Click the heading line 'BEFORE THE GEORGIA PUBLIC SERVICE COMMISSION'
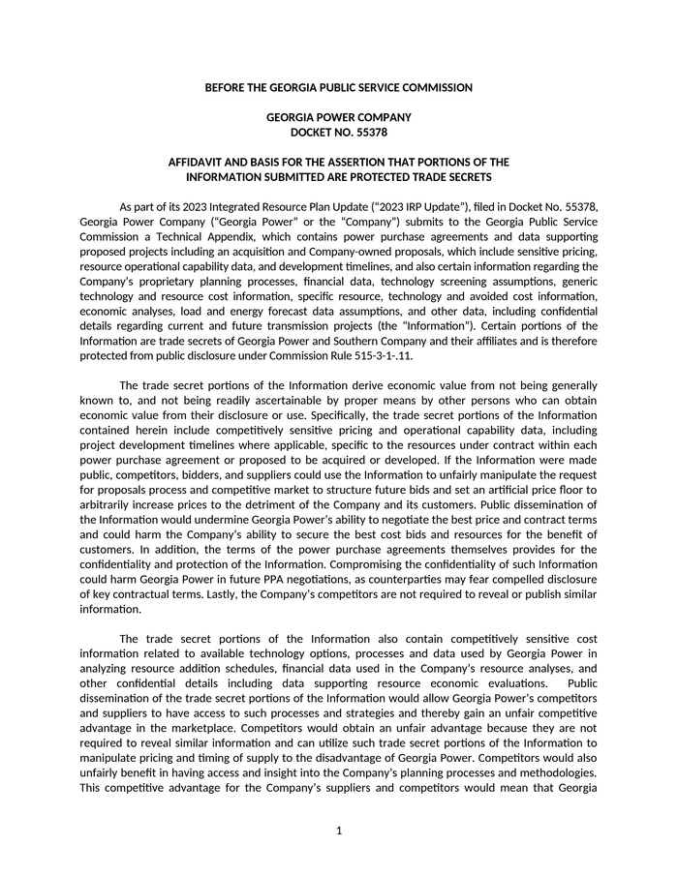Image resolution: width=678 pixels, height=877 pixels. [338, 88]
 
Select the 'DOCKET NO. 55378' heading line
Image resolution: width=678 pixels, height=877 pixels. [338, 132]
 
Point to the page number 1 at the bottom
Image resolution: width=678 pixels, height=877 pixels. [339, 831]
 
